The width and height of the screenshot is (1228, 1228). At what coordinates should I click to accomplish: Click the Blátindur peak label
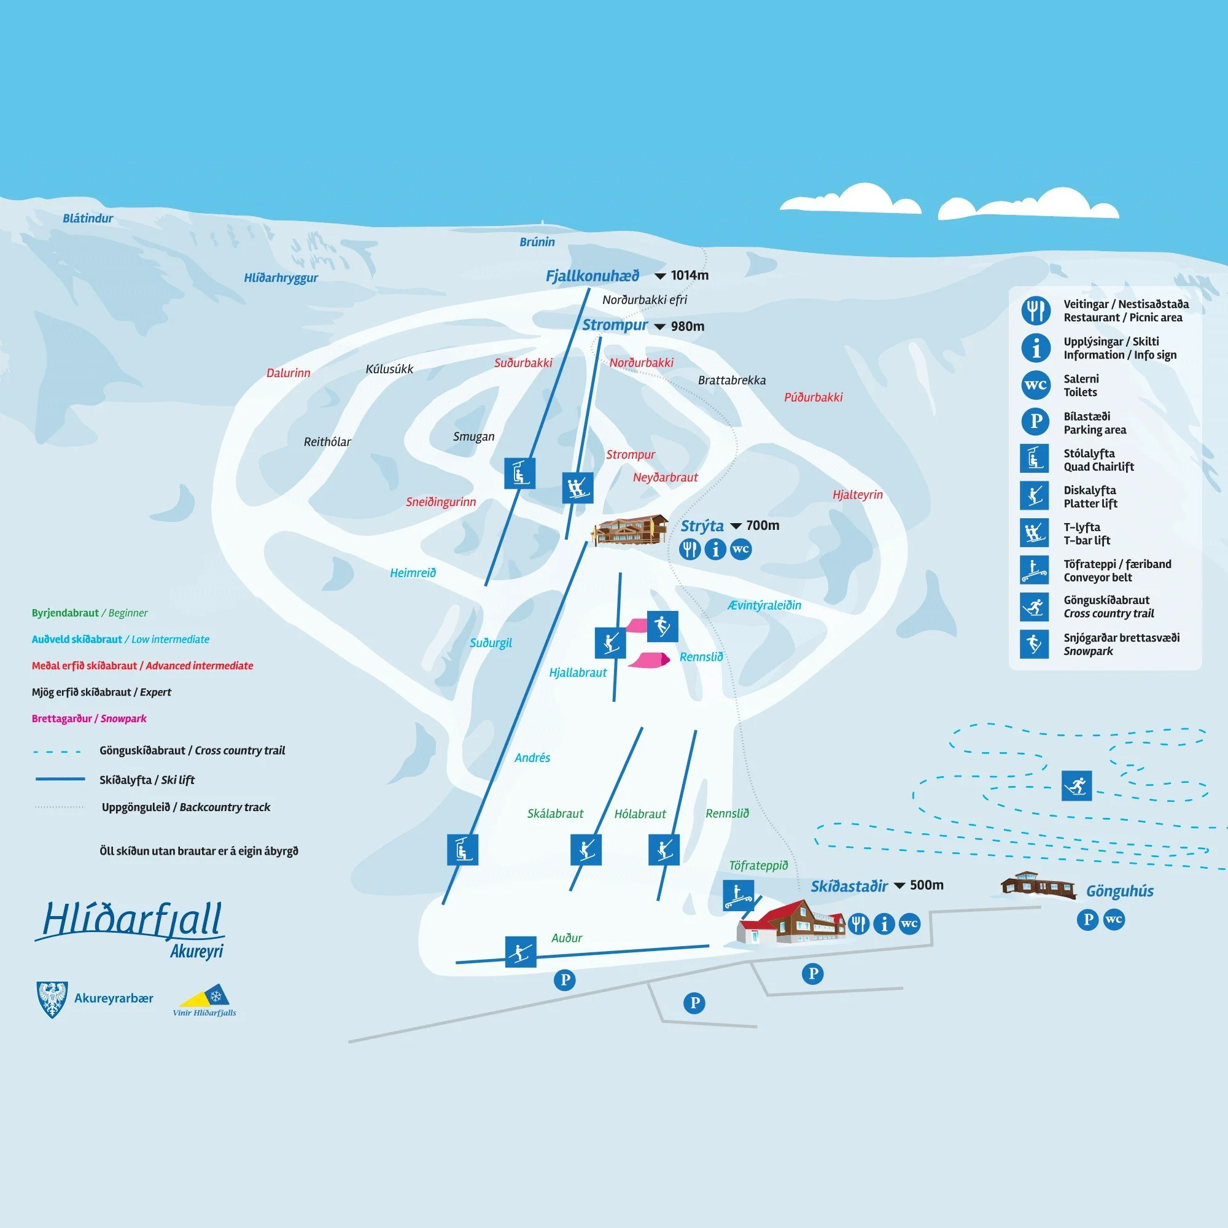88,219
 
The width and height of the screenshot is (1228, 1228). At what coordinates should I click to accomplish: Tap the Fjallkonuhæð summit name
592,276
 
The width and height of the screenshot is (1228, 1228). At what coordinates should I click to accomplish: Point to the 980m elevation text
687,327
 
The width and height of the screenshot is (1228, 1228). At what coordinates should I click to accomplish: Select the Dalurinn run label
288,373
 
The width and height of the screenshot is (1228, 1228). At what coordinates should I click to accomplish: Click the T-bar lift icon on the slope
578,488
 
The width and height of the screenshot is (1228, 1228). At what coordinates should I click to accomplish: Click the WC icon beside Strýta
740,549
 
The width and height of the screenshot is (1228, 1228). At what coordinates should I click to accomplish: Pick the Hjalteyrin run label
857,494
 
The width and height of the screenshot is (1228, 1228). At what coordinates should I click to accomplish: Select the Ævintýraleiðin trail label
764,605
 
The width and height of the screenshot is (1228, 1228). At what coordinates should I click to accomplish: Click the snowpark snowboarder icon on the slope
663,627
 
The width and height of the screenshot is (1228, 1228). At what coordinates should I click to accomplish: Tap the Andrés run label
532,758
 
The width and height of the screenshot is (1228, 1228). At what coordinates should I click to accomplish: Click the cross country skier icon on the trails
1077,786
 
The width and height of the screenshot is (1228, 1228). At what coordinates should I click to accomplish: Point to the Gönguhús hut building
1038,885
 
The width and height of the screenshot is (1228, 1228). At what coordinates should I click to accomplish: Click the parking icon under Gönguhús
1087,920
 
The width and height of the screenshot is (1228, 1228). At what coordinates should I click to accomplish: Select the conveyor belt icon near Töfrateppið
739,895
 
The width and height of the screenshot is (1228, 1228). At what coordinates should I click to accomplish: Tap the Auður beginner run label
566,938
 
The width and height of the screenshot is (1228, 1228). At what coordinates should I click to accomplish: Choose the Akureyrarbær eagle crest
53,999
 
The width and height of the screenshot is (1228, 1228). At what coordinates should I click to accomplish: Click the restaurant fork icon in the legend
1035,311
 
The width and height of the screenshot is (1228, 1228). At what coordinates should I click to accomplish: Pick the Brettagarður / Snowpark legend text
89,719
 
